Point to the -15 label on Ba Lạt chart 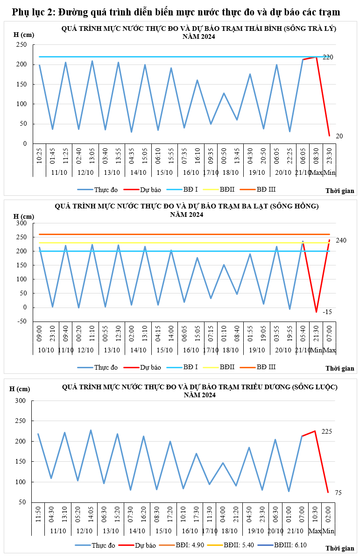(x=327, y=312)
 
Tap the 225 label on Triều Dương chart (x=326, y=431)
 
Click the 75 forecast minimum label (x=339, y=493)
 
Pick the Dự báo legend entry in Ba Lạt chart (x=145, y=367)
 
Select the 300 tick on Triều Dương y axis (x=20, y=401)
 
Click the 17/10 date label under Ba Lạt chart (x=211, y=350)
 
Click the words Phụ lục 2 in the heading (x=31, y=12)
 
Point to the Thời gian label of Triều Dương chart (x=339, y=548)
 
